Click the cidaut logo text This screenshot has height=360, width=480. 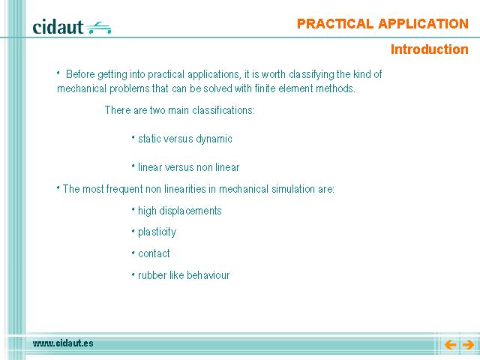coord(58,27)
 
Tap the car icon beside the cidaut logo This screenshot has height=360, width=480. coord(98,28)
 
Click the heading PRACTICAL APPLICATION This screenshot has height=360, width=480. coord(382,24)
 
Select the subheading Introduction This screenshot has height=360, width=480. coord(430,49)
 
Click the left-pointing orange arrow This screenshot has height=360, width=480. coord(450,345)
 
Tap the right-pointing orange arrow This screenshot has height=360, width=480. coord(468,345)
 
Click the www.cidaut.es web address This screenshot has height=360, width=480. coord(63,343)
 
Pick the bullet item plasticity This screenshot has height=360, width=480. coord(157,232)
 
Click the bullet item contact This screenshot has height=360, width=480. coord(154,253)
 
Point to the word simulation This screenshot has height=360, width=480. coord(293,189)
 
